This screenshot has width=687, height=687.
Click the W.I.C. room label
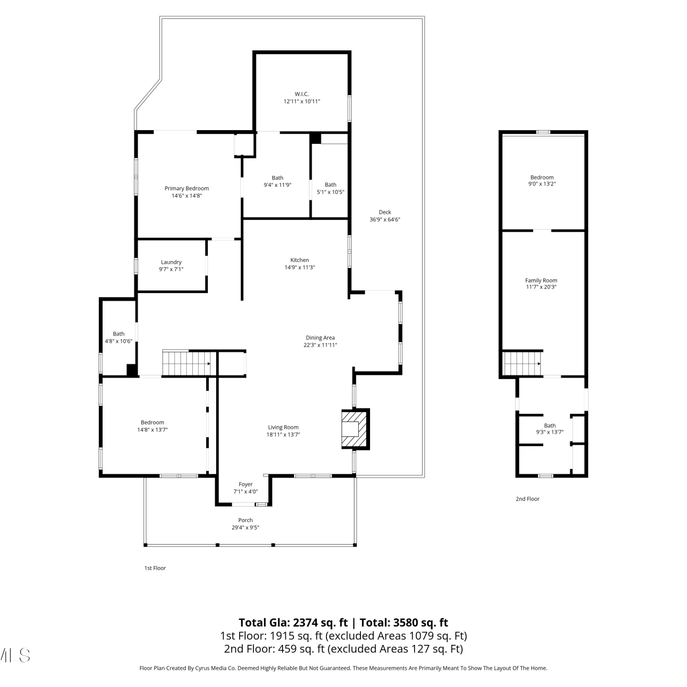(x=302, y=94)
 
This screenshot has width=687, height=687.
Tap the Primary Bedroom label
(x=187, y=188)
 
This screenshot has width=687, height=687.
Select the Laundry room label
(x=171, y=262)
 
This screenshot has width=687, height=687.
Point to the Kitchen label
(x=300, y=260)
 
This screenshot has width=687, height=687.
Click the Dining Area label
(x=320, y=338)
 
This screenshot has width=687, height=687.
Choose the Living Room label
(x=283, y=427)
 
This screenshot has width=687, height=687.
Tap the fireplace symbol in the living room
(x=355, y=429)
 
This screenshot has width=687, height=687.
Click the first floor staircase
(x=187, y=363)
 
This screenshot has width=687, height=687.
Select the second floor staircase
(x=523, y=363)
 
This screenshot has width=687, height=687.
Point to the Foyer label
(x=245, y=484)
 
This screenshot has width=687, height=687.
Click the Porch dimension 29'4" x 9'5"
(x=245, y=527)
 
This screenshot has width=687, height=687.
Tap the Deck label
(x=385, y=212)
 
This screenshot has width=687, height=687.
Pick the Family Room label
(x=541, y=280)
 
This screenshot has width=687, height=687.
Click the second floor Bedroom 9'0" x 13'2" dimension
(x=542, y=184)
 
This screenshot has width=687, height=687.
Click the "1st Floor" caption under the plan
(x=155, y=568)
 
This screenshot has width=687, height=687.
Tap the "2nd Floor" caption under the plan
(x=528, y=499)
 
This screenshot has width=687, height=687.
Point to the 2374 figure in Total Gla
(x=306, y=622)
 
